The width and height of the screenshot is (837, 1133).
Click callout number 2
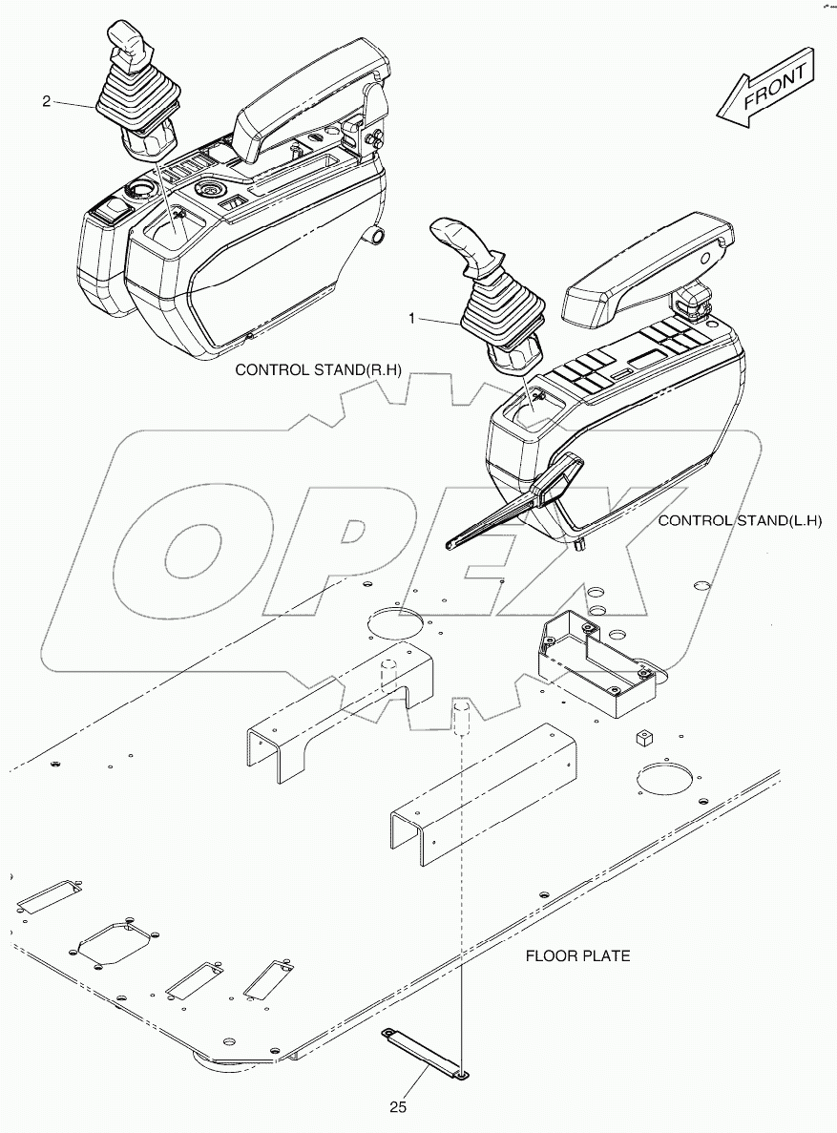click(x=47, y=101)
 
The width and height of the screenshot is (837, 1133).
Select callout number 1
click(x=412, y=318)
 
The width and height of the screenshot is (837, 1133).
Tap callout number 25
click(x=398, y=1106)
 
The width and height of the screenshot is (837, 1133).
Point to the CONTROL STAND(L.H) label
click(x=740, y=520)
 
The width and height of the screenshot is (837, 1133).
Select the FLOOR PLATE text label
click(x=579, y=955)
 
